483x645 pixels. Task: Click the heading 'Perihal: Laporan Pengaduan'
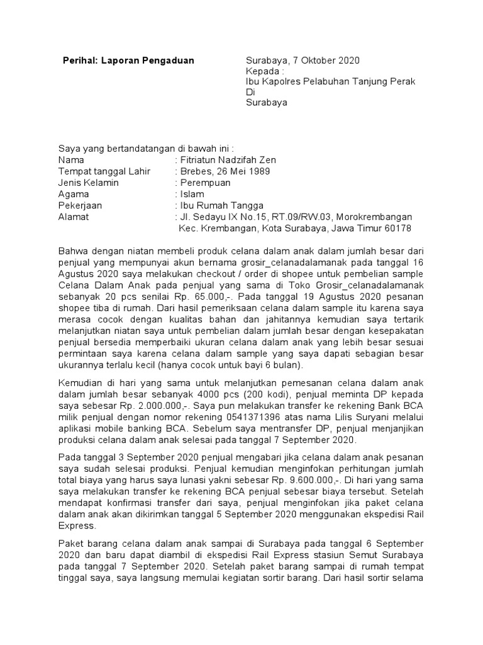tap(129, 60)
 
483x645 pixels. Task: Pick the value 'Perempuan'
tap(205, 183)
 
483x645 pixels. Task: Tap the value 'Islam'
tap(191, 194)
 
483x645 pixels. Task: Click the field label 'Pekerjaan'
tap(80, 205)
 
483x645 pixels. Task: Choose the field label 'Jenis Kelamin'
tap(88, 183)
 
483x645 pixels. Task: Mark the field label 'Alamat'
tap(74, 217)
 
